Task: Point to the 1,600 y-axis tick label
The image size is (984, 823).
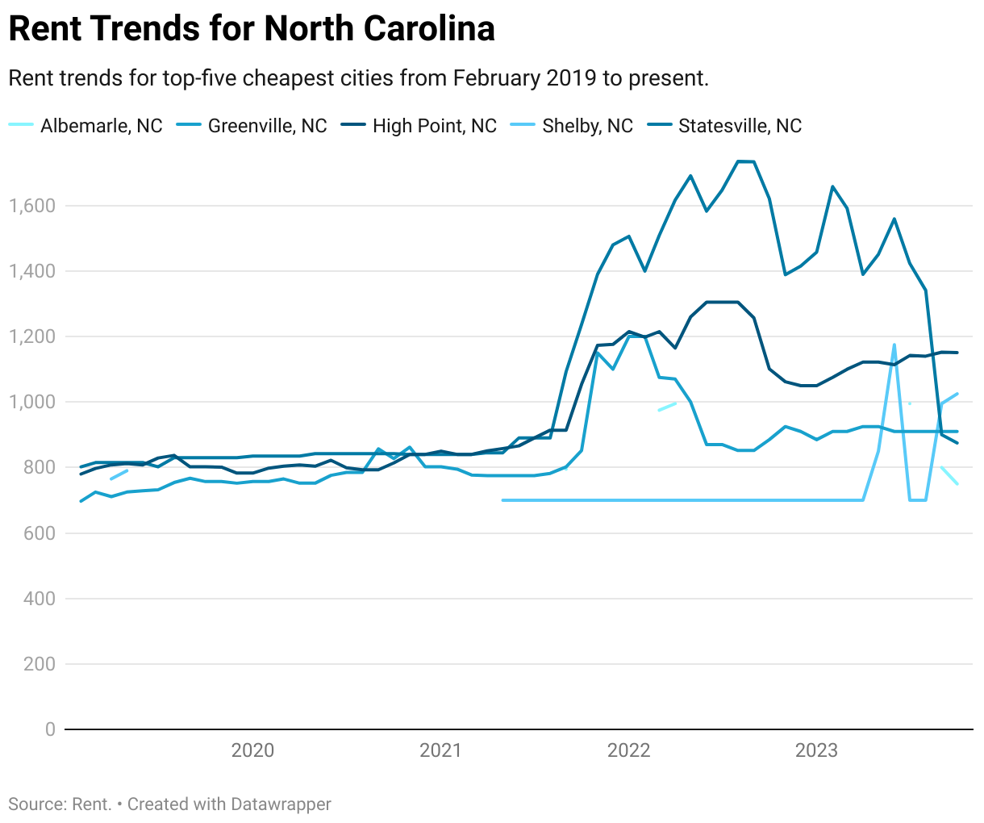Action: tap(32, 206)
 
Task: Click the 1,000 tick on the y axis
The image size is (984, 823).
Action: tap(32, 402)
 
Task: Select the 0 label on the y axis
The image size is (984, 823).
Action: tap(50, 729)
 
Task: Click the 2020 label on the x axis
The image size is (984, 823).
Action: tap(252, 750)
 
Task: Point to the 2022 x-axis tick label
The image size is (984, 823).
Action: tap(628, 750)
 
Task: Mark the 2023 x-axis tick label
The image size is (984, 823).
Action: tap(816, 750)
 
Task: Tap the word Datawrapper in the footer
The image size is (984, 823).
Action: tap(281, 804)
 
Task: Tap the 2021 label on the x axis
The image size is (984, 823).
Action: tap(440, 750)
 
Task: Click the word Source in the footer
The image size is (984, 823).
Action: tap(37, 804)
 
